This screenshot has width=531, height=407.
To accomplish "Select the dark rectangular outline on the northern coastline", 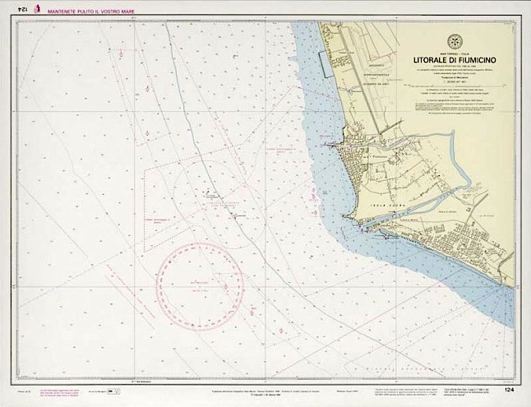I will point(326,62).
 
